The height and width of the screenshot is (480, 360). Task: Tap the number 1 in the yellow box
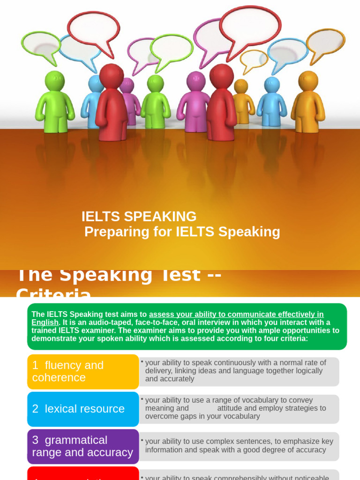35,365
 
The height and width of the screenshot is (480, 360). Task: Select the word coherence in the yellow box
59,378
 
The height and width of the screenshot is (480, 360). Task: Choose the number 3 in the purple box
35,440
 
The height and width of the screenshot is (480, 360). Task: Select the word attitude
232,408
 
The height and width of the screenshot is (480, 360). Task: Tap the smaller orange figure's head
241,86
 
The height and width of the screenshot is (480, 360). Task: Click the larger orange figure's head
308,81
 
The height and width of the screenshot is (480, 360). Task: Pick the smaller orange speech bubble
254,59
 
